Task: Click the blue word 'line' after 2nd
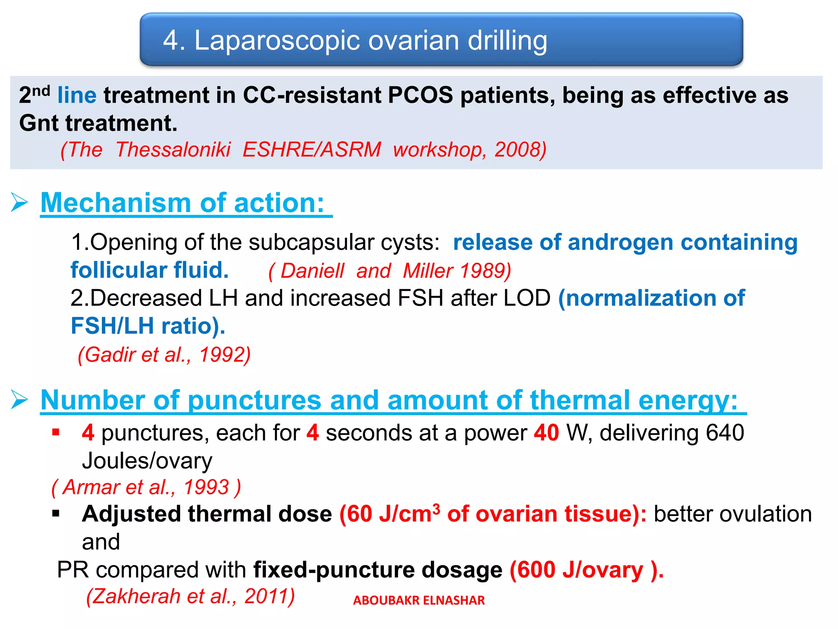[x=77, y=95]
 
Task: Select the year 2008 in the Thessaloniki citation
[x=517, y=149]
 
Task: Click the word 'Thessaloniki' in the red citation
[x=173, y=149]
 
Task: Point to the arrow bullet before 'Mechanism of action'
[x=19, y=202]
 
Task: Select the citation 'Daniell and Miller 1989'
[x=390, y=271]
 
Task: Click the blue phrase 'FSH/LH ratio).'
[x=148, y=326]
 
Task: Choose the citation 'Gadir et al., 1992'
[x=164, y=355]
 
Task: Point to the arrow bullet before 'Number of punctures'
[x=19, y=399]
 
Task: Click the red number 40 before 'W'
[x=546, y=433]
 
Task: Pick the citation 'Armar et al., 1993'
[x=146, y=487]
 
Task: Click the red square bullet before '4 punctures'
[x=56, y=432]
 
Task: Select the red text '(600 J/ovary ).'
[x=586, y=570]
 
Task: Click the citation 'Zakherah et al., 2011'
[x=190, y=596]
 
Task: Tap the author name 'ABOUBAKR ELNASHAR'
[x=419, y=600]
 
